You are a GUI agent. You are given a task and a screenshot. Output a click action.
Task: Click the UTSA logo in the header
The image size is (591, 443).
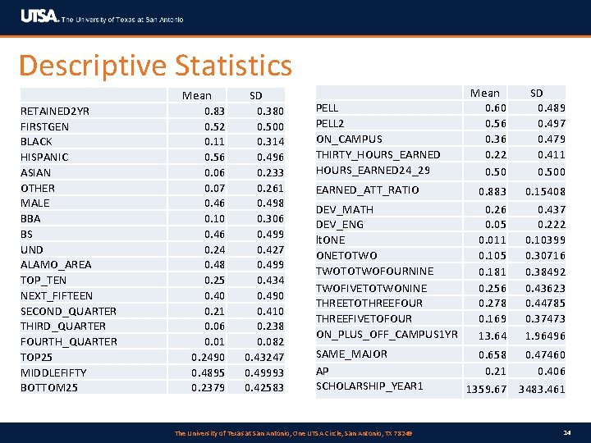click(39, 17)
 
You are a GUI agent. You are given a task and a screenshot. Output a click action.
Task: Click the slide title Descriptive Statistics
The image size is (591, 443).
click(155, 66)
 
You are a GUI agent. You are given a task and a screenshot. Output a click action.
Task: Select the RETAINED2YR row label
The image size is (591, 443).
click(55, 112)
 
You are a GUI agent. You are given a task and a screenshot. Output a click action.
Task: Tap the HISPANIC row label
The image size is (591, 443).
click(44, 158)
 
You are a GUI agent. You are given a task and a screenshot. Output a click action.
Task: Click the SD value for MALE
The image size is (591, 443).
click(270, 203)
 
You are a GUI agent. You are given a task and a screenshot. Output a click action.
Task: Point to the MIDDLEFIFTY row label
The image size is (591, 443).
click(53, 372)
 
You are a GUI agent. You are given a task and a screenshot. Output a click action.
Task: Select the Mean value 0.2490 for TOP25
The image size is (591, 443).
click(208, 357)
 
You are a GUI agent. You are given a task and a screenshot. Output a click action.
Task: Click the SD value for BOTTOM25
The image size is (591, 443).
click(264, 387)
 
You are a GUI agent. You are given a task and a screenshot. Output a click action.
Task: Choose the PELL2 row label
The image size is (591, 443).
click(330, 124)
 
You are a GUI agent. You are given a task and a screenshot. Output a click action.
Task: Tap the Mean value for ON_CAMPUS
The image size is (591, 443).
click(495, 139)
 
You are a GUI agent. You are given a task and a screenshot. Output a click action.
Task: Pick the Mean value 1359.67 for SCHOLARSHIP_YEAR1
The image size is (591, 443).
click(487, 389)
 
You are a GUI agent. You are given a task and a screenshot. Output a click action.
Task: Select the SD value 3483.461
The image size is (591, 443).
click(540, 389)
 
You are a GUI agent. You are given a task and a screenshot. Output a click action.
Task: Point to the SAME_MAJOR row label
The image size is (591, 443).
click(351, 354)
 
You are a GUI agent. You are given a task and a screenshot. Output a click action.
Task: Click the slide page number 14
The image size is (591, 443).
click(567, 432)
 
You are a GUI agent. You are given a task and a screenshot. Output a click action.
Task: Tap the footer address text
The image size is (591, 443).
click(295, 432)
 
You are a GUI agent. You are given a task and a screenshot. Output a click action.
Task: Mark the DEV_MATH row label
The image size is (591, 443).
click(345, 210)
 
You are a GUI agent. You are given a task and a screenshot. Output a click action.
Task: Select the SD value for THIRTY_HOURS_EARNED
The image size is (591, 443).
click(552, 154)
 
